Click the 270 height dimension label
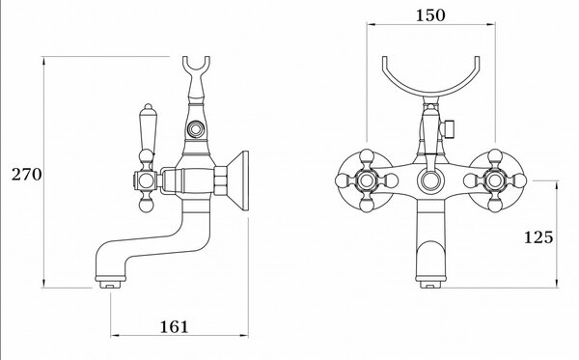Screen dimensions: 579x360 coord(27,175)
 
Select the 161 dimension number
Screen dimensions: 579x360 coord(174,327)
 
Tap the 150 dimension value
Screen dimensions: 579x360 coord(430,15)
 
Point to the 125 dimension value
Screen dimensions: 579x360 coord(538,237)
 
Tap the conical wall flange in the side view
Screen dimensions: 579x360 coord(237,180)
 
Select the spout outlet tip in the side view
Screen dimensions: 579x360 coord(110,285)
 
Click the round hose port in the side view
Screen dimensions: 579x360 coord(195,129)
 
